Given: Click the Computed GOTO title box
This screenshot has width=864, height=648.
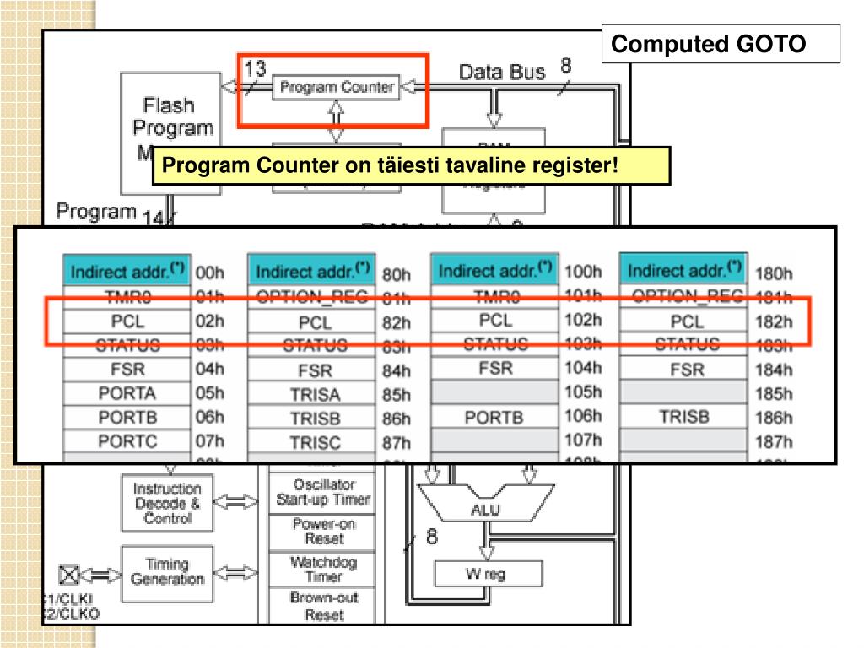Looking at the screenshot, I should (721, 44).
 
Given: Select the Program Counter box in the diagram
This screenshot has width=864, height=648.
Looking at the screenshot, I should (336, 87).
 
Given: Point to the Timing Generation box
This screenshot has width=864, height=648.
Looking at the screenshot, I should (167, 571).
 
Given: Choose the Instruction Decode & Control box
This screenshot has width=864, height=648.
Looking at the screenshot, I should (167, 503).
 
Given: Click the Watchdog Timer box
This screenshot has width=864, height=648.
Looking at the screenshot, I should (324, 569).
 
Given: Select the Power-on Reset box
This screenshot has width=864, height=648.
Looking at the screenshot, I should (324, 531).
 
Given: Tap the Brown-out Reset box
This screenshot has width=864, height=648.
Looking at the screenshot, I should (324, 606).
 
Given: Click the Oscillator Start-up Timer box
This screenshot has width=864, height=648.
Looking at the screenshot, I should (324, 492).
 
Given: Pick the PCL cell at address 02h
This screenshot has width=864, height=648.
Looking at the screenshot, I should (127, 321).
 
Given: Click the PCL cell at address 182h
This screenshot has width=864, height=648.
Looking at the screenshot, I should (686, 321).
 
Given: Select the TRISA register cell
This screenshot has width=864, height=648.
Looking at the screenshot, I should (315, 394).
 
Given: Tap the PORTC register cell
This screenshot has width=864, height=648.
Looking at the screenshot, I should (127, 440).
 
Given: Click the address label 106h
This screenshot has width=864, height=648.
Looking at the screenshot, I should (583, 416).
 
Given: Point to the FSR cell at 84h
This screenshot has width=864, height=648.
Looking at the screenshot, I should (315, 370).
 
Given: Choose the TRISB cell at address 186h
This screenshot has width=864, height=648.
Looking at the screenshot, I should (683, 417).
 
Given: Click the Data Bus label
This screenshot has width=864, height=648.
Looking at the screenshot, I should (502, 73).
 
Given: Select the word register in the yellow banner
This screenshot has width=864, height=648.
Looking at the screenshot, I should (575, 166).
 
